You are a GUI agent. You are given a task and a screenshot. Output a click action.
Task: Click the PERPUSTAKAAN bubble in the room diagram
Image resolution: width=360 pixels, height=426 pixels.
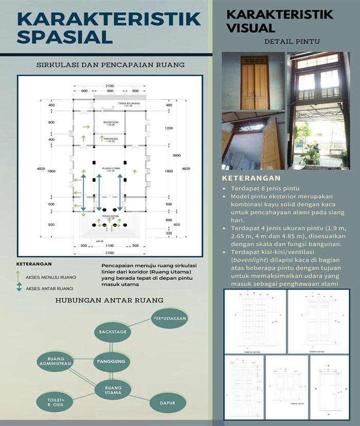point(169,318)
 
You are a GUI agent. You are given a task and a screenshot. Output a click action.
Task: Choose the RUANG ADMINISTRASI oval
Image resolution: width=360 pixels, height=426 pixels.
point(55,361)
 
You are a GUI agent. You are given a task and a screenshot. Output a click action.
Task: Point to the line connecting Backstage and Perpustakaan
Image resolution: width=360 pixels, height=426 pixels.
point(140,325)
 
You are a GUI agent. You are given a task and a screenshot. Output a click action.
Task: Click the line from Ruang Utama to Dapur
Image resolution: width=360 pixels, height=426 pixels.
point(140,398)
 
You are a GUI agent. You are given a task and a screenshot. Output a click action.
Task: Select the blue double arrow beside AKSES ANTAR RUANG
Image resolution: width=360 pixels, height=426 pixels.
point(20,288)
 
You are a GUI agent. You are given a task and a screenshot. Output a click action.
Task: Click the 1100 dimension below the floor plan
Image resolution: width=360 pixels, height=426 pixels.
point(110,246)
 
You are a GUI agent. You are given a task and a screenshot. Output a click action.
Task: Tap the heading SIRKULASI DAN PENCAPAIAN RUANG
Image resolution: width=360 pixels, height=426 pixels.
point(110,65)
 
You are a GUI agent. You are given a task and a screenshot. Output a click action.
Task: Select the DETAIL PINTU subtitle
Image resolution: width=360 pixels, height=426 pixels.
point(291,41)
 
